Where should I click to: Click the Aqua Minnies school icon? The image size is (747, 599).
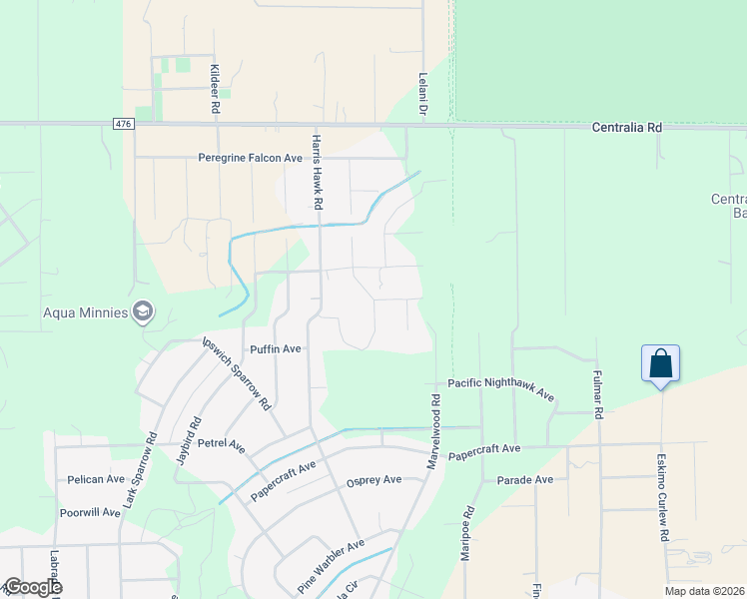click(144, 312)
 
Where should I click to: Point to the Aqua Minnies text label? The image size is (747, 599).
click(85, 312)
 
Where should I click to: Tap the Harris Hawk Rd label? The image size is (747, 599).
click(317, 172)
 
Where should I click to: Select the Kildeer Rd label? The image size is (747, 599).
click(214, 89)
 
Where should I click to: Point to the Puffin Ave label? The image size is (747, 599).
click(276, 349)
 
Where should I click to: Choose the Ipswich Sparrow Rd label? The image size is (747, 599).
click(237, 372)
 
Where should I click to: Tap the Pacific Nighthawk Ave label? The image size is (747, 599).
click(500, 388)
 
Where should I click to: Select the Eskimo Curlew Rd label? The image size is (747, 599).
click(662, 496)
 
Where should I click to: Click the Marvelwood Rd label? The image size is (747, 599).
click(435, 433)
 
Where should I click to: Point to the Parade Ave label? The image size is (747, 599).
click(524, 480)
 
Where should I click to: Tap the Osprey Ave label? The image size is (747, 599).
click(373, 480)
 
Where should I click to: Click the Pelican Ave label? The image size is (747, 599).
click(94, 480)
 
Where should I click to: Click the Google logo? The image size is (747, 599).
click(32, 587)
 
